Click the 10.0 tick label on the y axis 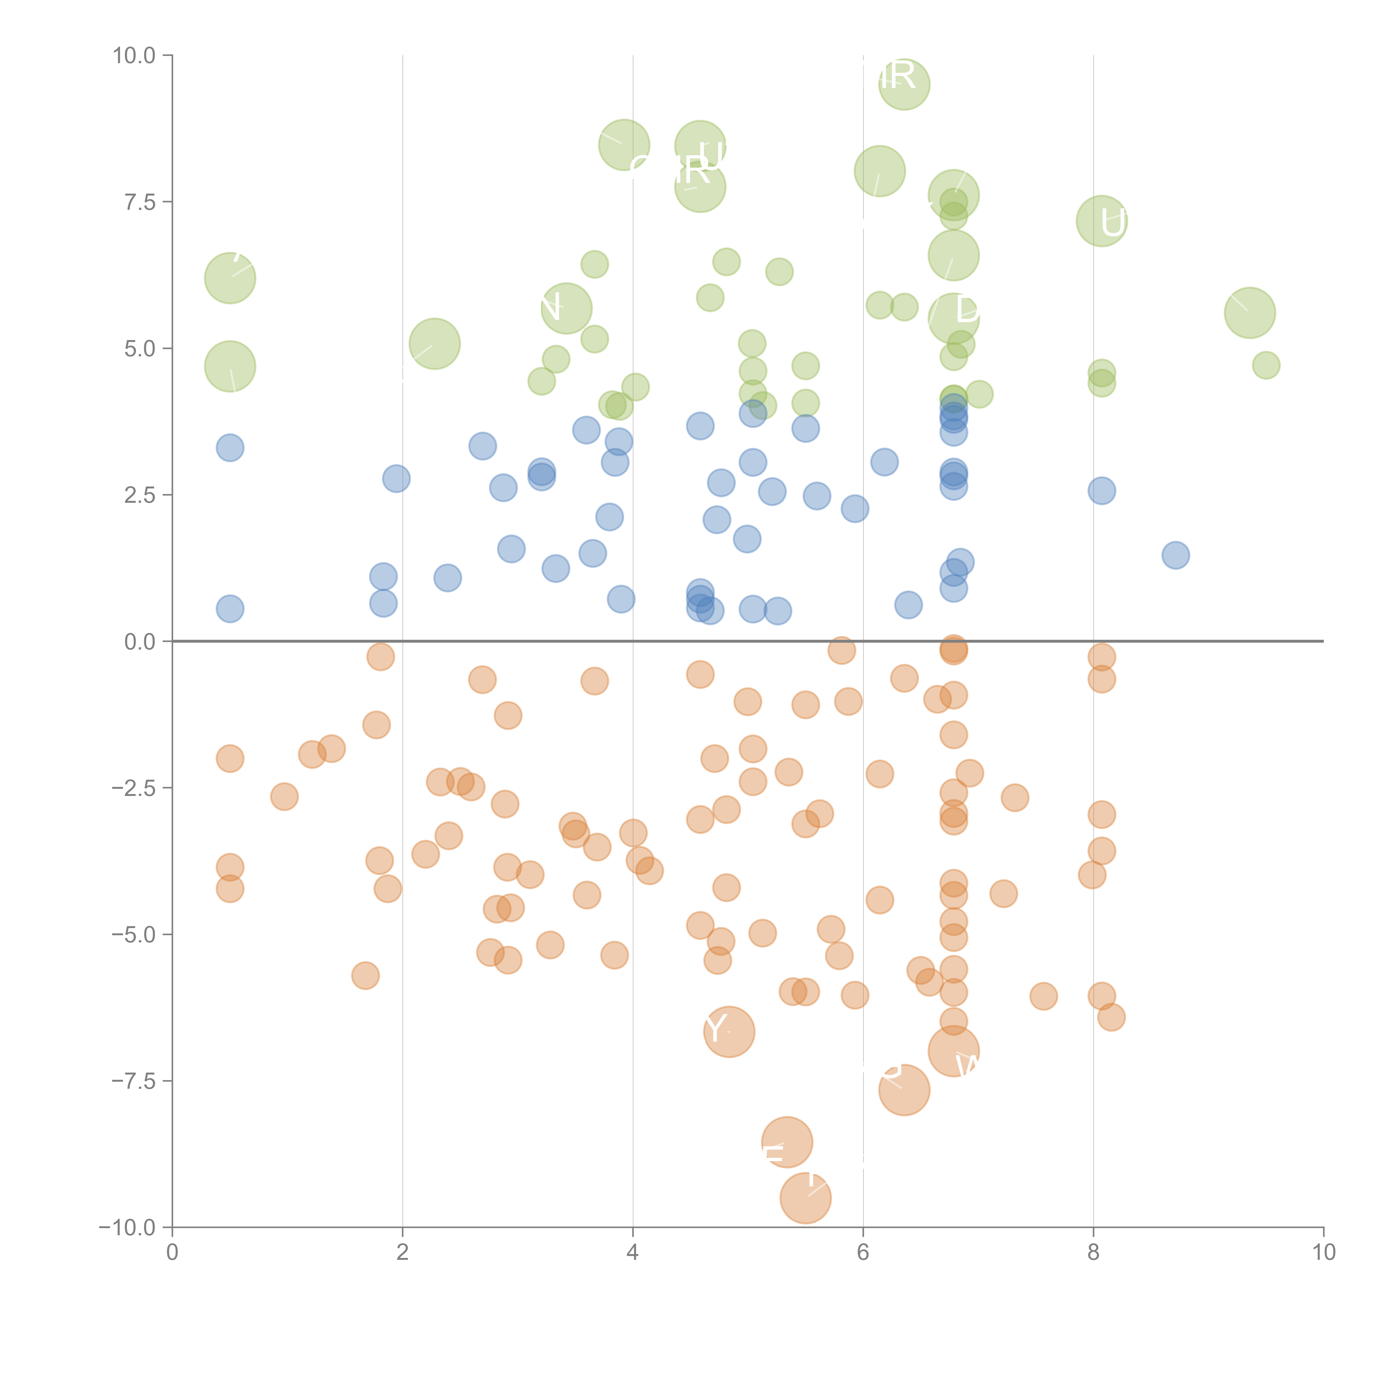click(133, 56)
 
